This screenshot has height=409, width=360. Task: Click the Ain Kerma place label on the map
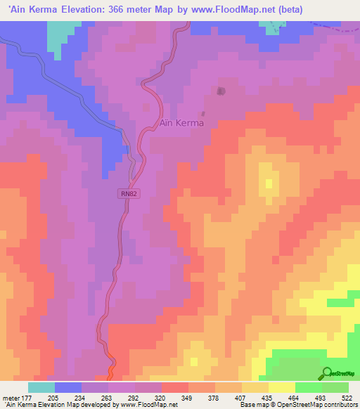181,123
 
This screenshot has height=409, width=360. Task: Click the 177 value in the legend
27,398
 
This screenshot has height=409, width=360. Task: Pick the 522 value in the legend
347,398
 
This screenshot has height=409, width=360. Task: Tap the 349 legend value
187,398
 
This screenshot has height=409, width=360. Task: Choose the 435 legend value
267,398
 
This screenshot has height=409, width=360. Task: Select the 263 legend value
107,398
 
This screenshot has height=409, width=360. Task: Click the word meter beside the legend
10,398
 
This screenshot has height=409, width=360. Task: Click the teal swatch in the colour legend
41,387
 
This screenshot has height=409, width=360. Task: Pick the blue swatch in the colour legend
67,387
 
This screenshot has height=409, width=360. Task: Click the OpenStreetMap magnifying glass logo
326,374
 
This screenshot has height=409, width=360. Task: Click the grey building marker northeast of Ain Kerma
221,91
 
